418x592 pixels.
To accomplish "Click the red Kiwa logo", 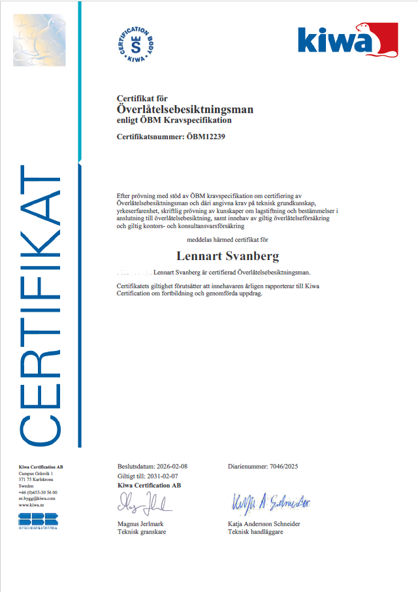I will coord(347,40).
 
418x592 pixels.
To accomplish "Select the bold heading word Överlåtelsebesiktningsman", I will coord(185,109).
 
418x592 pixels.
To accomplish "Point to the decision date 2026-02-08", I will coord(172,467).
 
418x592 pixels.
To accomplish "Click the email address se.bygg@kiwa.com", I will coord(37,499).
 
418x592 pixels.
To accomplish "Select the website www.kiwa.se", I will coord(32,505).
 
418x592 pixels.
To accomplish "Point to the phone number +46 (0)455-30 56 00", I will coord(38,492).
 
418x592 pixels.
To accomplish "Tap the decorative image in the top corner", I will coord(39,40).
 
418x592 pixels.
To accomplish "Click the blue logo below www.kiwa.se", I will coord(38,521).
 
